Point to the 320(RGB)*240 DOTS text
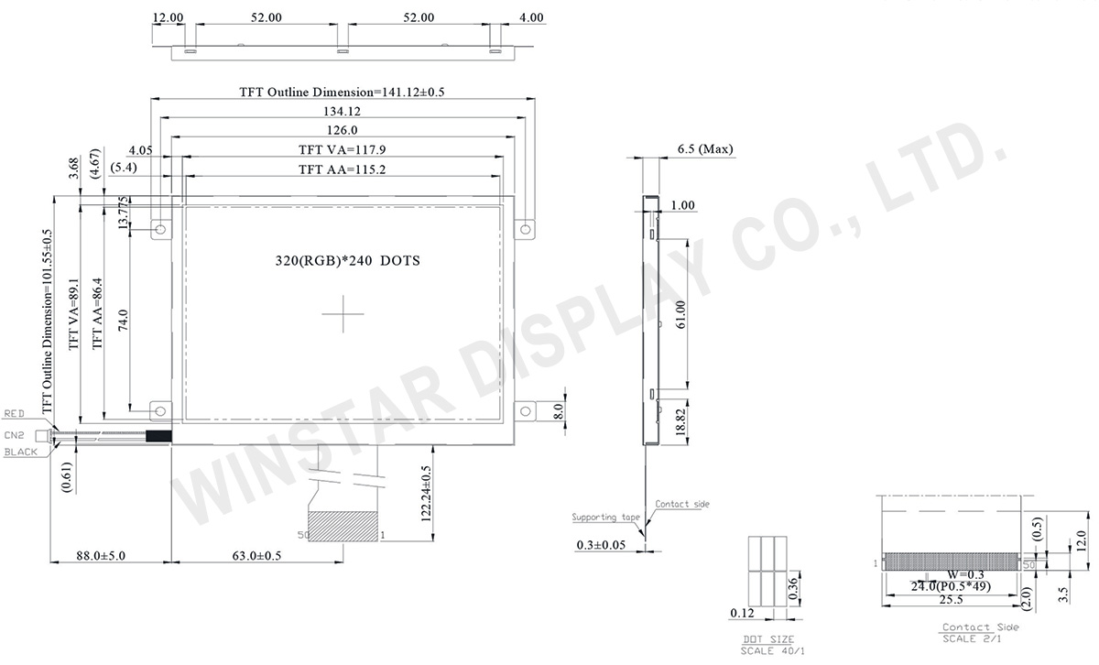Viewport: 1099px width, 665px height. [x=347, y=260]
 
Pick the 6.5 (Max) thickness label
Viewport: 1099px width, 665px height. [x=704, y=149]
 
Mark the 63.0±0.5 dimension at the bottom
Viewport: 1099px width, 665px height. [x=259, y=555]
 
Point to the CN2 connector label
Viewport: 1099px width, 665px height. [x=14, y=435]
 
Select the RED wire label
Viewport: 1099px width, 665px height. [x=16, y=414]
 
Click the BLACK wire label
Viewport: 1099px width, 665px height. [x=19, y=452]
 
